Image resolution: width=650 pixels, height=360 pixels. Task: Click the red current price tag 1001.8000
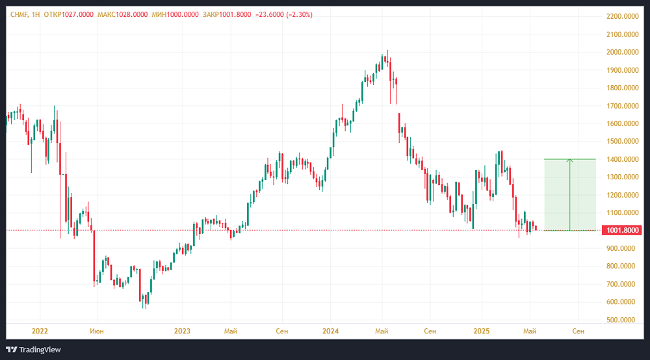[x=623, y=230]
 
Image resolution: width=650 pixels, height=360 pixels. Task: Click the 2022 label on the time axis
[x=40, y=331]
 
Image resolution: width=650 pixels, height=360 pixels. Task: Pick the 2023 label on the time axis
[x=182, y=331]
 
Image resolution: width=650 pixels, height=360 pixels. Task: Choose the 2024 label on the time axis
[x=330, y=331]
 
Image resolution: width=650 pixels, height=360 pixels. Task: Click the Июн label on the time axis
[x=96, y=331]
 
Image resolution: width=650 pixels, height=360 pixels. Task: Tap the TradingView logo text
[x=40, y=350]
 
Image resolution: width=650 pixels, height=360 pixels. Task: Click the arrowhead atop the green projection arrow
[x=569, y=161]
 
